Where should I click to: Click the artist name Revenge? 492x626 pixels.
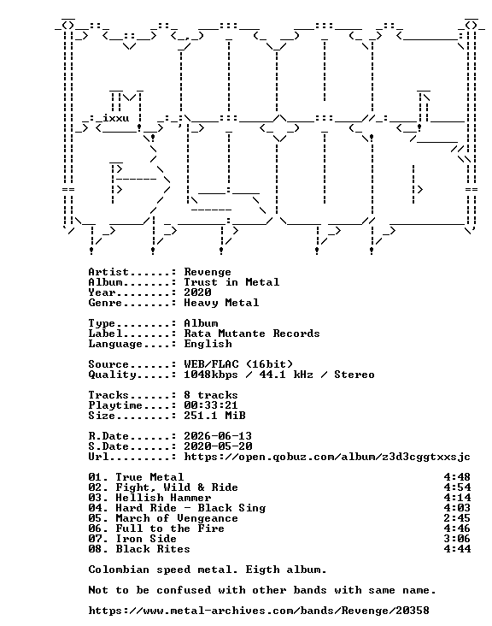(x=208, y=272)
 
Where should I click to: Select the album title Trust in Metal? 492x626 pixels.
(x=231, y=282)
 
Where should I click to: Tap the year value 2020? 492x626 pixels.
(x=197, y=292)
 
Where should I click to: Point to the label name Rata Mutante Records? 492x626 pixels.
(x=252, y=334)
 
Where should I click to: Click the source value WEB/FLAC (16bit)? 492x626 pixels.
(x=238, y=364)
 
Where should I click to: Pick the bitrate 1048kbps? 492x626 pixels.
(x=210, y=375)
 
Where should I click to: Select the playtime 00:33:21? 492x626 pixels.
(x=210, y=405)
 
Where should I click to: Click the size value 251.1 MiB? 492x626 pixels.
(x=214, y=416)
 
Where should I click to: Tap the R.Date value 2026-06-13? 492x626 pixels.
(x=218, y=436)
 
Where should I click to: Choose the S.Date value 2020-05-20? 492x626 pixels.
(x=218, y=446)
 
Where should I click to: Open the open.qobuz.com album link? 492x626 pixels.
(x=327, y=458)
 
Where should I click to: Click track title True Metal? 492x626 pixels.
(x=149, y=477)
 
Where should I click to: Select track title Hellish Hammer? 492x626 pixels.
(x=163, y=498)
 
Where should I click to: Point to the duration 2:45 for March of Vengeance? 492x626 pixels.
(x=457, y=518)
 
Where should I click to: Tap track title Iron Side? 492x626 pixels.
(x=146, y=539)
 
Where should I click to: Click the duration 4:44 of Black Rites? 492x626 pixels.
(x=457, y=549)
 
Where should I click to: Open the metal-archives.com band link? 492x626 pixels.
(x=259, y=611)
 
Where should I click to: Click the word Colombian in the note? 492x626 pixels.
(x=119, y=570)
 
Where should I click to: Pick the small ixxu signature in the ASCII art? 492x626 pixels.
(x=115, y=119)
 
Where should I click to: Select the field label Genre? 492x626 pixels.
(x=105, y=303)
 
